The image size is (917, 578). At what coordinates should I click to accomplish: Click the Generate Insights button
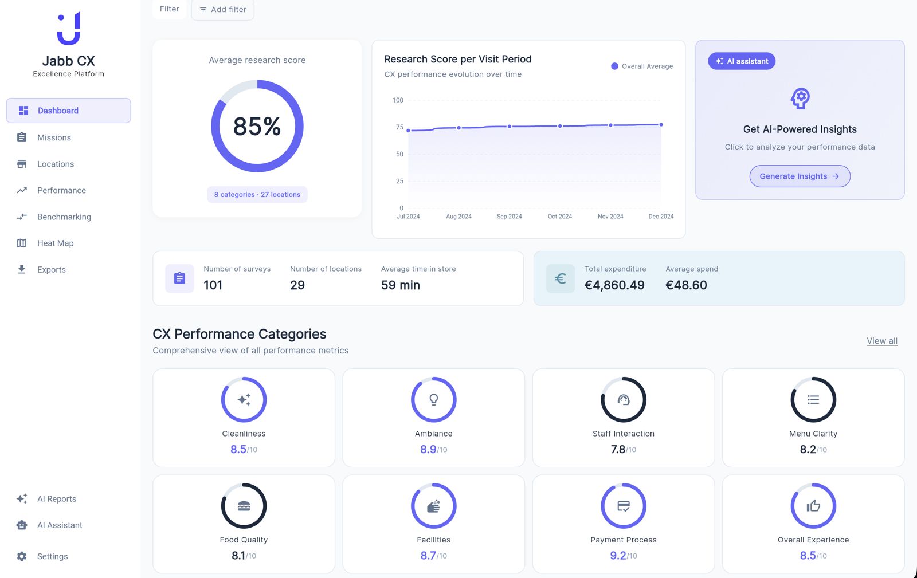tap(800, 176)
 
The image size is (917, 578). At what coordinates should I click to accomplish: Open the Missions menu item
tap(54, 137)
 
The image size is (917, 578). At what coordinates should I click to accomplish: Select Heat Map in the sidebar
tap(55, 243)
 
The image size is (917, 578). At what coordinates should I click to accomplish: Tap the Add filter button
tap(222, 10)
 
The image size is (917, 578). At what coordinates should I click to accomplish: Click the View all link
tap(881, 341)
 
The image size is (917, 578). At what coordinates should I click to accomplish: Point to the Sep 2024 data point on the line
tap(510, 127)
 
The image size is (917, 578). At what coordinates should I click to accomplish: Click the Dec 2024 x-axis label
tap(661, 217)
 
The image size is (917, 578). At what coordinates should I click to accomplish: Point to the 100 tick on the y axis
tap(398, 100)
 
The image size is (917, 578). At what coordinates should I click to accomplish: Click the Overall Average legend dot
tap(614, 66)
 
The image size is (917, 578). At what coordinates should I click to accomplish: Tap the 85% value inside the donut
tap(257, 127)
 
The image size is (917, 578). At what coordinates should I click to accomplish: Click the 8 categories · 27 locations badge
tap(257, 195)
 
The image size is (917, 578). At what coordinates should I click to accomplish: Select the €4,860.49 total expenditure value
tap(614, 285)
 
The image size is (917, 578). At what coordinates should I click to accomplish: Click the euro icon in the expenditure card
tap(560, 278)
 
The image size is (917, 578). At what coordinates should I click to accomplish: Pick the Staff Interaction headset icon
tap(624, 400)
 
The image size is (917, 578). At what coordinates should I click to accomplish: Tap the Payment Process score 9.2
tap(618, 556)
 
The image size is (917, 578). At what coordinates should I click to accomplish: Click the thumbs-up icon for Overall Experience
tap(813, 506)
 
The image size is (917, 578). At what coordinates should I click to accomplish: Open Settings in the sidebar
tap(52, 556)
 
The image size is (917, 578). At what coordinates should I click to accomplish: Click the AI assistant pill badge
tap(742, 61)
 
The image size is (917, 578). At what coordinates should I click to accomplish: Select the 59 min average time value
tap(401, 285)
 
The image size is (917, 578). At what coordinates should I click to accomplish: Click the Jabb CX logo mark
tap(69, 29)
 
